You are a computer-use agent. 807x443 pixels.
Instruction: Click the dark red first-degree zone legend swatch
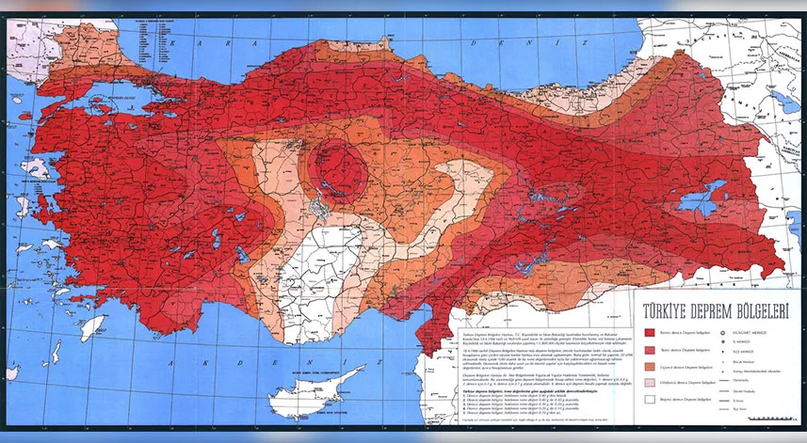pyautogui.click(x=651, y=332)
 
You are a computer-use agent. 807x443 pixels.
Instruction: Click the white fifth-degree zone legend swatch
pyautogui.click(x=651, y=401)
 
